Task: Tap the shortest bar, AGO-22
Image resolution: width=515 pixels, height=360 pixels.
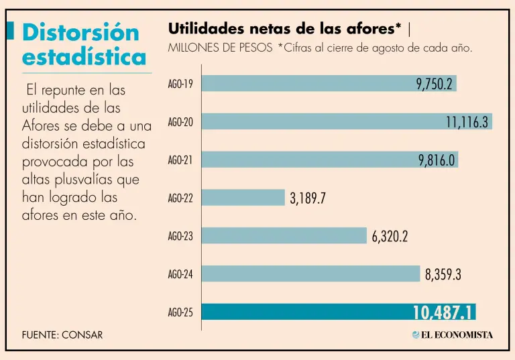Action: coord(243,197)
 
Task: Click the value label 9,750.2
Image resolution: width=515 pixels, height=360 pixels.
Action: coord(435,84)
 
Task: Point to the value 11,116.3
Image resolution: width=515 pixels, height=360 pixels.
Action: coord(467,122)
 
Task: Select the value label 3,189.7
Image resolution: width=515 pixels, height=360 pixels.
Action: coord(308,198)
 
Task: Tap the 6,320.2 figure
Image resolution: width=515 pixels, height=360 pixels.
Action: coord(390,236)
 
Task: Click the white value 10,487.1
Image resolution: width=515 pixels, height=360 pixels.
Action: coord(443,312)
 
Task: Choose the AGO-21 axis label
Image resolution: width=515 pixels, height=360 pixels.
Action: coord(180,160)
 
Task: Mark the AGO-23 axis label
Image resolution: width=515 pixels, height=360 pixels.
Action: coord(180,236)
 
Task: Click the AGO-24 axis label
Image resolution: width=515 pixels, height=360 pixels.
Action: coord(180,274)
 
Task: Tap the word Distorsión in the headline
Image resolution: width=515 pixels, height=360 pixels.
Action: coord(80,32)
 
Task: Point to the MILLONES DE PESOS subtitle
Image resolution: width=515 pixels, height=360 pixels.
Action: coord(220,48)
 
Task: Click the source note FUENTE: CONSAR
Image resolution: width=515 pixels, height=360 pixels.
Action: coord(62,335)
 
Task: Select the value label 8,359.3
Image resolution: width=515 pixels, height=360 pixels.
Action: coord(443,274)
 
